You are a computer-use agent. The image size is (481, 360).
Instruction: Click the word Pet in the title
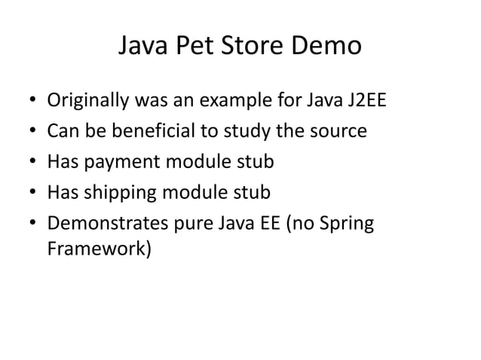point(191,47)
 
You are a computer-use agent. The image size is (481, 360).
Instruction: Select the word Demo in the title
point(325,47)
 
